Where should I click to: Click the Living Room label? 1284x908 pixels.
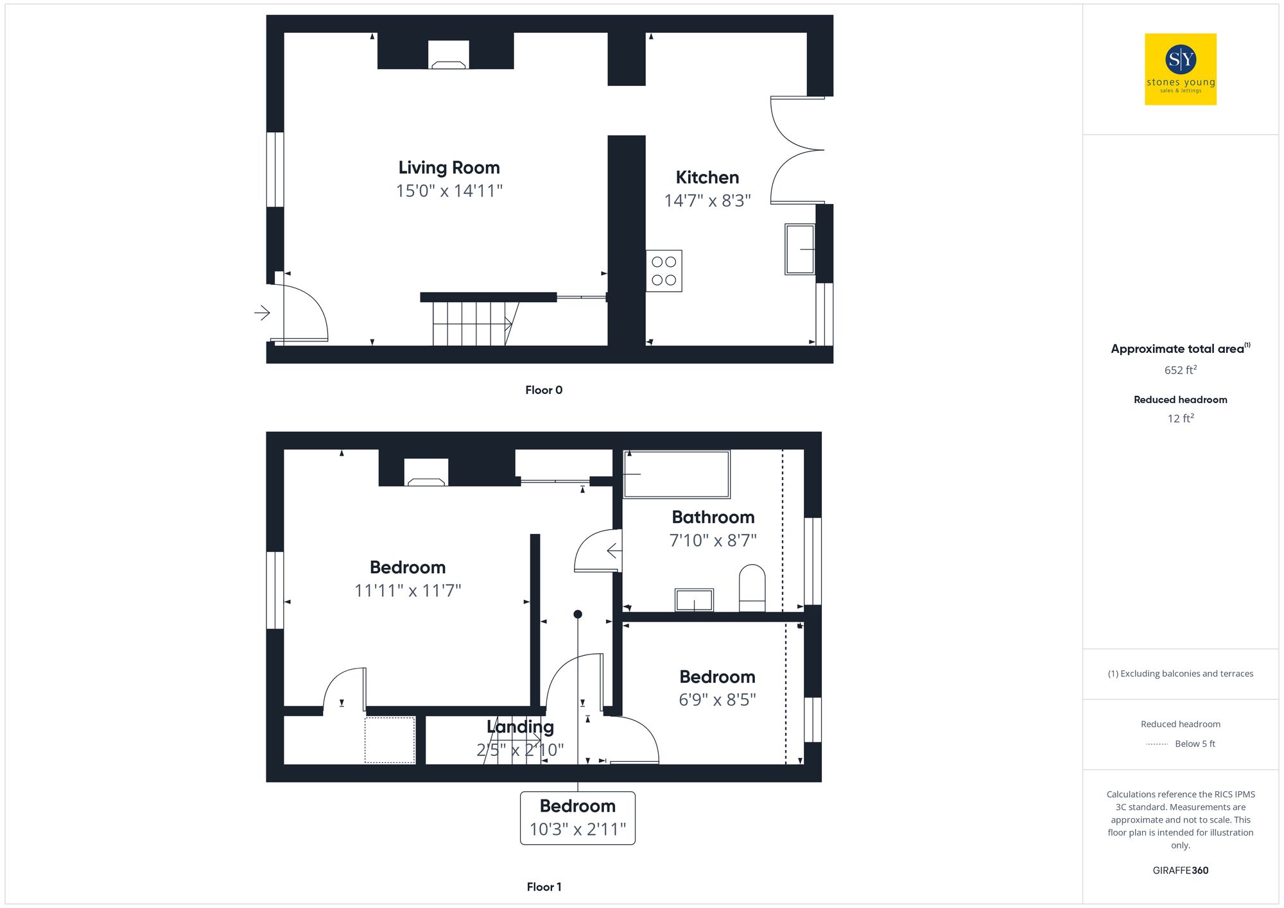point(449,167)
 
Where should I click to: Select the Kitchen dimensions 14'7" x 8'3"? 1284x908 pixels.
point(707,201)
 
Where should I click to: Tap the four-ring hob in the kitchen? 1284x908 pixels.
point(664,271)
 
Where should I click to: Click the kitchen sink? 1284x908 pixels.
point(799,249)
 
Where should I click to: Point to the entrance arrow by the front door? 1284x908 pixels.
point(262,313)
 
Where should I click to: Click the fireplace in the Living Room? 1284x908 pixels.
point(448,56)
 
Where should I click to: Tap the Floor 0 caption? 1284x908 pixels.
point(544,390)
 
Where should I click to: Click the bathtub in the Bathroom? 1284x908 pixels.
point(677,474)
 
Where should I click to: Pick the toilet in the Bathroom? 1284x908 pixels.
point(752,588)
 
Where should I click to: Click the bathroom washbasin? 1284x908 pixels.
point(694,600)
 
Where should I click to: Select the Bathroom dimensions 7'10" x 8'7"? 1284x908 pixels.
point(713,540)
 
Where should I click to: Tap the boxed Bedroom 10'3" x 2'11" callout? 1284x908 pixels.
point(577,818)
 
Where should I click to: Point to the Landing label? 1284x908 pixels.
point(520,726)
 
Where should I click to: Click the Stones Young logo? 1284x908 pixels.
point(1180,69)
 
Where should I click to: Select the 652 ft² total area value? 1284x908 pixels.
point(1180,370)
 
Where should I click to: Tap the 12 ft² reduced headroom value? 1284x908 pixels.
point(1180,418)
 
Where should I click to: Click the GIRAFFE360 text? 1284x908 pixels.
point(1180,871)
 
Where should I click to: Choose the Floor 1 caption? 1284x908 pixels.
point(544,887)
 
